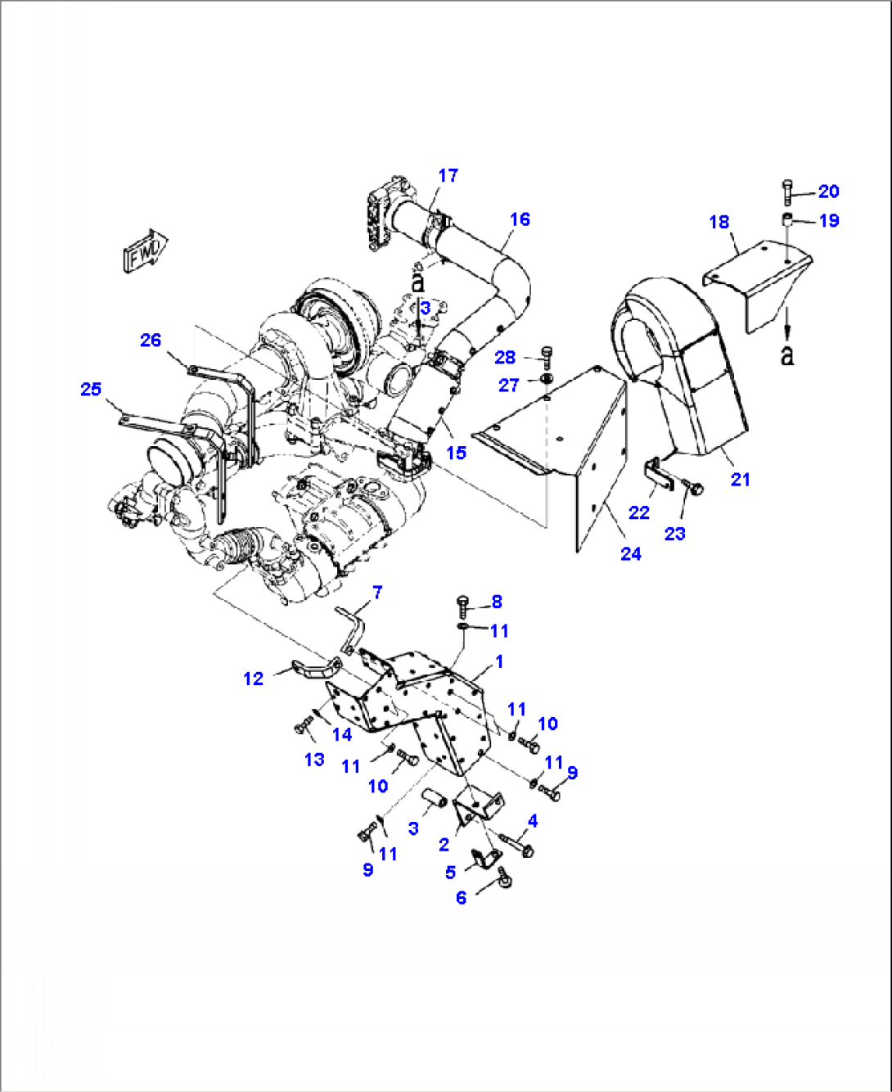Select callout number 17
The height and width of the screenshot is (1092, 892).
pyautogui.click(x=448, y=175)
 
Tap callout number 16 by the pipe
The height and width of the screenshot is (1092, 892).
pyautogui.click(x=520, y=219)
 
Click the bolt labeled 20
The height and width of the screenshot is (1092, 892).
pyautogui.click(x=787, y=192)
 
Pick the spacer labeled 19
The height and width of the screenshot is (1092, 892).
pyautogui.click(x=786, y=220)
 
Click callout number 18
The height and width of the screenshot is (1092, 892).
pyautogui.click(x=719, y=222)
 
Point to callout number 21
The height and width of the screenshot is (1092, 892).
pyautogui.click(x=740, y=480)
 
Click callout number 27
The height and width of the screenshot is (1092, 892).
pyautogui.click(x=509, y=386)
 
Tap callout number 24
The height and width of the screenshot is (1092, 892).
pyautogui.click(x=630, y=554)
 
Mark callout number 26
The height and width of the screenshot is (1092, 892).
pyautogui.click(x=151, y=340)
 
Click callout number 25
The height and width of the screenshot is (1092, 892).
pyautogui.click(x=91, y=389)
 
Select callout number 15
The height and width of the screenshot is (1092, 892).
pyautogui.click(x=456, y=453)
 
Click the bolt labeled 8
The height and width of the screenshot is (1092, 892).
pyautogui.click(x=462, y=606)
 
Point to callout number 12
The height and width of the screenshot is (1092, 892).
pyautogui.click(x=254, y=679)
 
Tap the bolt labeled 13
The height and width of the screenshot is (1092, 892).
pyautogui.click(x=304, y=726)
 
